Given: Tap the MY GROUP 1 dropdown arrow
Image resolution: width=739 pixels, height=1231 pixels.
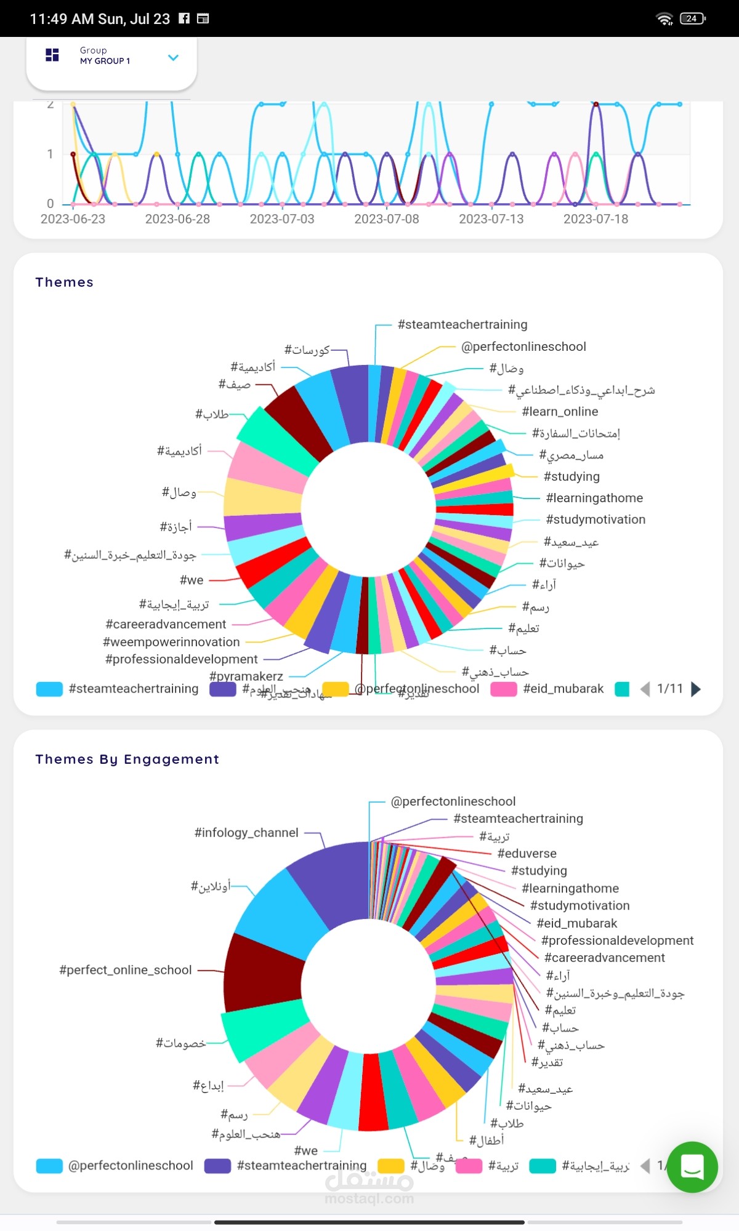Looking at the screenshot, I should pos(173,58).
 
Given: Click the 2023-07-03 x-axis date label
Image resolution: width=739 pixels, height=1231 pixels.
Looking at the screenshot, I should pos(281,219).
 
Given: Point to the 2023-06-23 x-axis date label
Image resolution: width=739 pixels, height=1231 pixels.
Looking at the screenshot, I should pos(73,219).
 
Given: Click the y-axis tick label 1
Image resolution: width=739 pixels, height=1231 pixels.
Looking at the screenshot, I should pos(50,154).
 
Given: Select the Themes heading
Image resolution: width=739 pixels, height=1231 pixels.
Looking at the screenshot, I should pos(64,283).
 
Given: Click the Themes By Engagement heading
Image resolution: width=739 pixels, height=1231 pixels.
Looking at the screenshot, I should pos(127,760).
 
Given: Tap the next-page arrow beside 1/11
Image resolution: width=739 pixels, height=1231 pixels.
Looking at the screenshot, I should pos(696,689).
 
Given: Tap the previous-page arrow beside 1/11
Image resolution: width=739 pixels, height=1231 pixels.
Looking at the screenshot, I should pos(645,689).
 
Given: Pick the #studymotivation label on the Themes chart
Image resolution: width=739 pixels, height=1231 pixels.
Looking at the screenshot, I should pos(596,519).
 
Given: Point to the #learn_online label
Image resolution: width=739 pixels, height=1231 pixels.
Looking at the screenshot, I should pos(560,412).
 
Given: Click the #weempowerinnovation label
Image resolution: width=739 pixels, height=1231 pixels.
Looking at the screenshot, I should pos(171,642).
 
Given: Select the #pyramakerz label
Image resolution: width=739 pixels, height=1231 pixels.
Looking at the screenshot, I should pos(246,676).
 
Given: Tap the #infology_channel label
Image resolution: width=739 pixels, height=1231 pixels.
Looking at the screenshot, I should pos(246,833).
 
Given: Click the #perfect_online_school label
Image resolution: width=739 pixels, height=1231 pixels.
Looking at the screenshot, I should pos(126,970).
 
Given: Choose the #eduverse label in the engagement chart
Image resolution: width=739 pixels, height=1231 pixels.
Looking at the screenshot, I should pos(527,854).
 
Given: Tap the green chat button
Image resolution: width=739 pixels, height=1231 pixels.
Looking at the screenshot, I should pos(692,1167).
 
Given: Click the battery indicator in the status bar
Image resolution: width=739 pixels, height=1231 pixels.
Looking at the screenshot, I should pos(692,18).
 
